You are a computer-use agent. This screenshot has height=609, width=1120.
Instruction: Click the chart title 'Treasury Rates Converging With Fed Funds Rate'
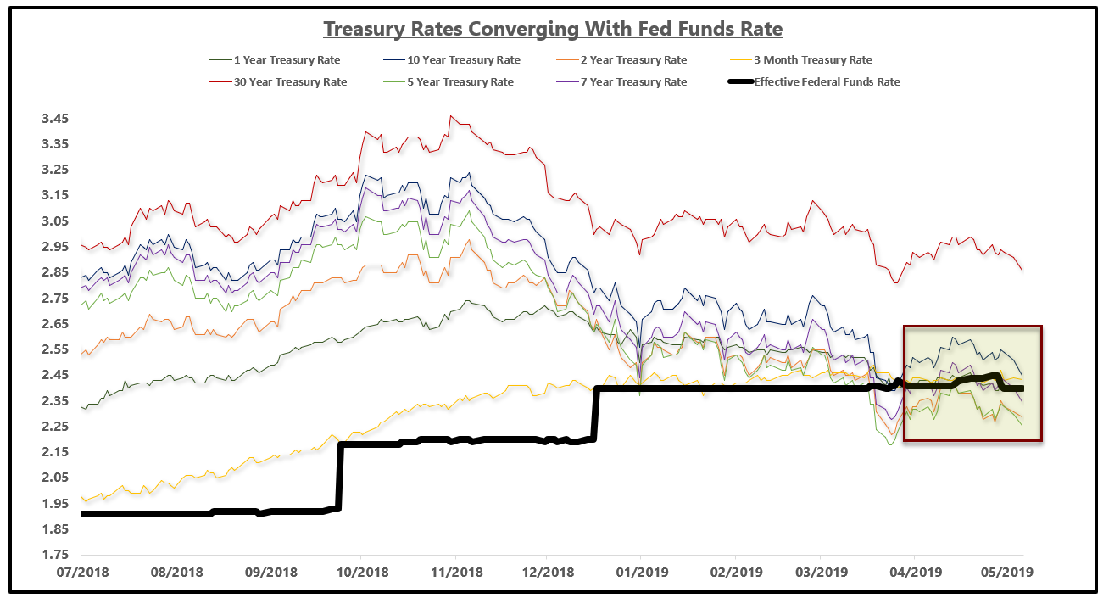(553, 29)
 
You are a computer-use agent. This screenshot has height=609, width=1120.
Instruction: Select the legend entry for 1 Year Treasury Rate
(279, 60)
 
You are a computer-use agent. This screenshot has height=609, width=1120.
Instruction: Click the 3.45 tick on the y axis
(56, 119)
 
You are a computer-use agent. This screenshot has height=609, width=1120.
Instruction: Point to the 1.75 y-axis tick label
(56, 556)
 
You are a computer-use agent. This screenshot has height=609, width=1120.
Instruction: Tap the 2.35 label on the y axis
(56, 401)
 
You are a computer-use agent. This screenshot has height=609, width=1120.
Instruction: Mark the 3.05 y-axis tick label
(56, 221)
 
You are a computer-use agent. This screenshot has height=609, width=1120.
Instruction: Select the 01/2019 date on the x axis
(641, 573)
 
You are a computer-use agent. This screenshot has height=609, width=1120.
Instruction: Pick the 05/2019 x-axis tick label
(1006, 573)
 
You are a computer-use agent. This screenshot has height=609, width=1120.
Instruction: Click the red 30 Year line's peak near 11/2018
(452, 117)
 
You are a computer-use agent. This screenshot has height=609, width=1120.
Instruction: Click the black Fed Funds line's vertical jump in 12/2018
(596, 414)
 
